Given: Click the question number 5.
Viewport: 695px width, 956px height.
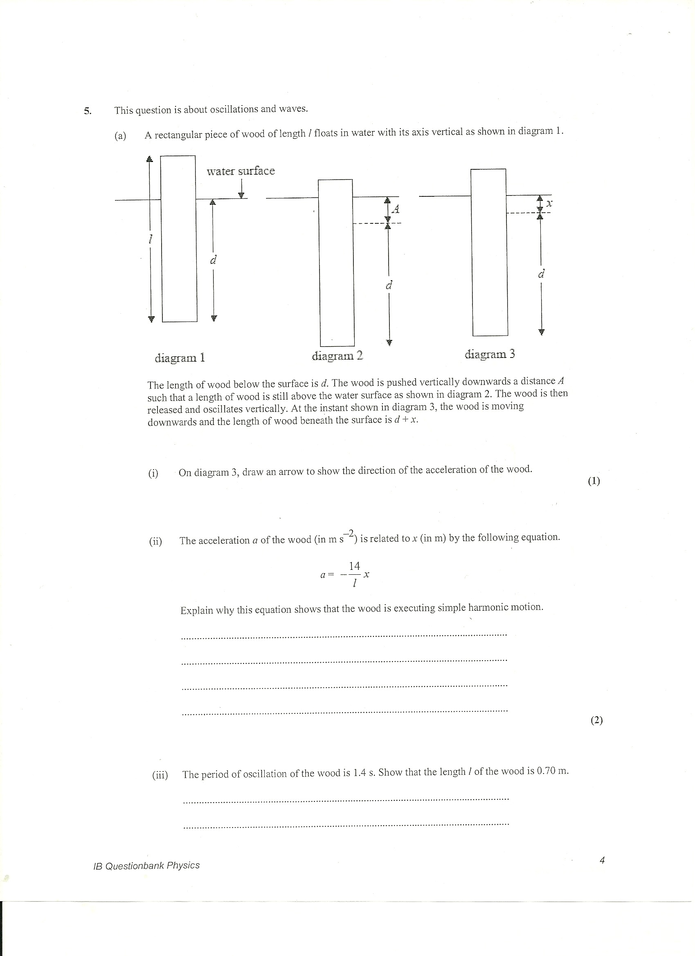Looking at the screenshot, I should [x=87, y=111].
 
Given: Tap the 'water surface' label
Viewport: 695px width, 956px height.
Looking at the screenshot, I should [x=240, y=171].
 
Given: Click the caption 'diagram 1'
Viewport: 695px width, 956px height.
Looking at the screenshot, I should [x=180, y=358].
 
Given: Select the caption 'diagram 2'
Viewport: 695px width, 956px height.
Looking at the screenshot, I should [x=337, y=356].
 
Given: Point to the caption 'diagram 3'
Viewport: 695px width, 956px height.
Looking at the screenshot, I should [x=490, y=354].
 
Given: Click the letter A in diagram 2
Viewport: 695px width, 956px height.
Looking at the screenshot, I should [x=395, y=209].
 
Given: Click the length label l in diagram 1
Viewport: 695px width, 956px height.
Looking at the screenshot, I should [x=150, y=239].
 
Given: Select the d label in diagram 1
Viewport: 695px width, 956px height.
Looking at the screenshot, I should [x=213, y=261].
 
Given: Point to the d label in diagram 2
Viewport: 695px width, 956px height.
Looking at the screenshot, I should [x=389, y=286].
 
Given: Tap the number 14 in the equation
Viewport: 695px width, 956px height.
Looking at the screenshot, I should [x=355, y=566].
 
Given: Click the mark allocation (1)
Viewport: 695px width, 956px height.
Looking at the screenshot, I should [x=594, y=481].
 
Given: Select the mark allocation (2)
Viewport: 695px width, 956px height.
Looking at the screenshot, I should [x=596, y=720].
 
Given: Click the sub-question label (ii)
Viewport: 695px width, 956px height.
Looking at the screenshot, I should [x=155, y=542].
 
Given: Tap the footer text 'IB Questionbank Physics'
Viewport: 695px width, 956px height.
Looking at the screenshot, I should [x=146, y=866].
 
